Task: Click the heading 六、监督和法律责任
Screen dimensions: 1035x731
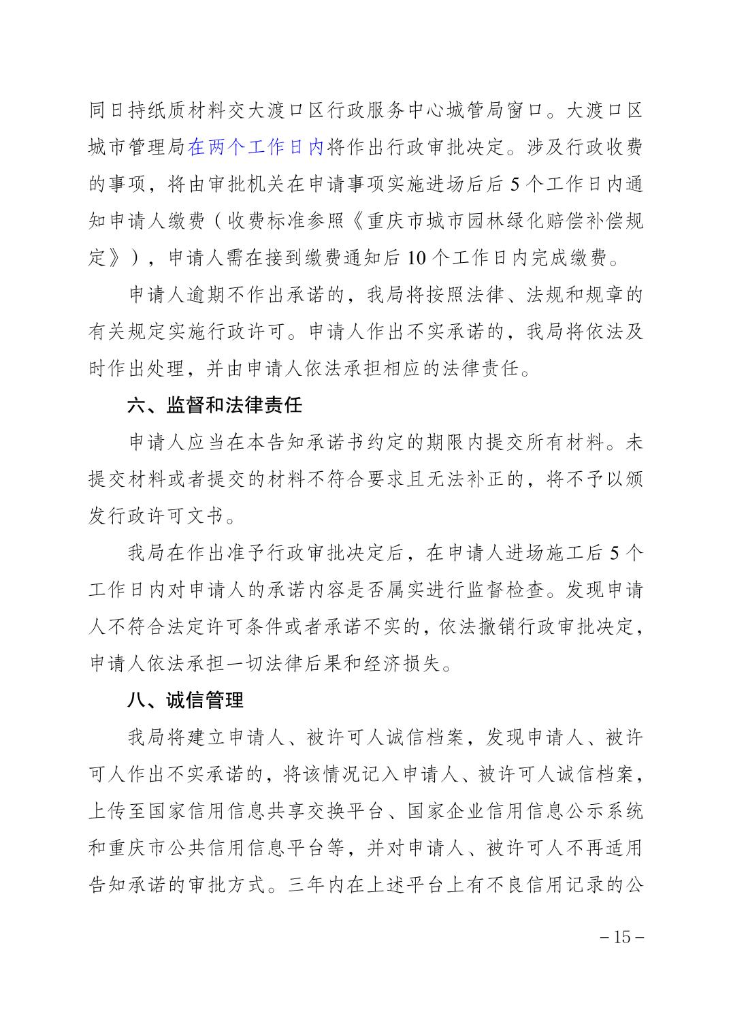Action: coord(214,407)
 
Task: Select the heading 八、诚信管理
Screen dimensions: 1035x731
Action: coord(185,701)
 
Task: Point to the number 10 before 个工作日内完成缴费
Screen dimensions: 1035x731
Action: coord(418,258)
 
